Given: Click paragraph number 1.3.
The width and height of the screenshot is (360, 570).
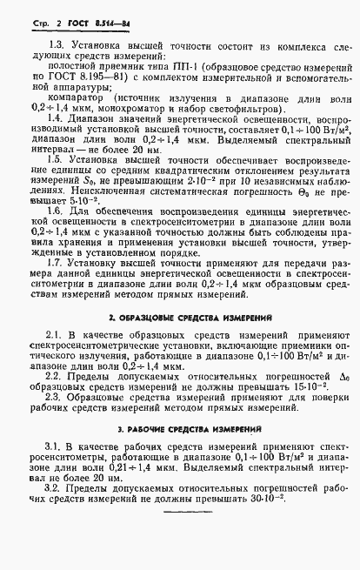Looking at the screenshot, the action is [56, 44].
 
